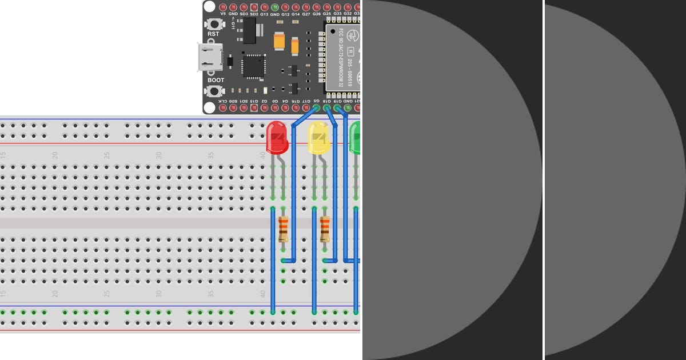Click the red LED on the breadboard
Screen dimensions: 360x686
[277, 137]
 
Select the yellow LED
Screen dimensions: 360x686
[318, 138]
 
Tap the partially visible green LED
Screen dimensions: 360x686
[355, 137]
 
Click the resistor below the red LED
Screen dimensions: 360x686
[283, 229]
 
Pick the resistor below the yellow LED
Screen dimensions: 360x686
[325, 229]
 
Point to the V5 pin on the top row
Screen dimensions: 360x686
[222, 7]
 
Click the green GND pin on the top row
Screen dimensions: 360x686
[274, 7]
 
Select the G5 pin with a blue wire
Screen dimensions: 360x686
[316, 107]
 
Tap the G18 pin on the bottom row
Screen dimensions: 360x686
[326, 107]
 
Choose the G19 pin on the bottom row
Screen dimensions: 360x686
[337, 107]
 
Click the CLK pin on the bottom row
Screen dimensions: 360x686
[222, 107]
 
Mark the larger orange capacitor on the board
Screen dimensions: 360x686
[280, 41]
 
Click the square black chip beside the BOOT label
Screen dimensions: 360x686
[254, 66]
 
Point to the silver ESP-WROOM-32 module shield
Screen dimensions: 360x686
[343, 57]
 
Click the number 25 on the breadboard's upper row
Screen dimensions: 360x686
[107, 155]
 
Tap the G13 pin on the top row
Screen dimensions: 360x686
[264, 7]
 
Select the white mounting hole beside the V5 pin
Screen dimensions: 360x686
[210, 7]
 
